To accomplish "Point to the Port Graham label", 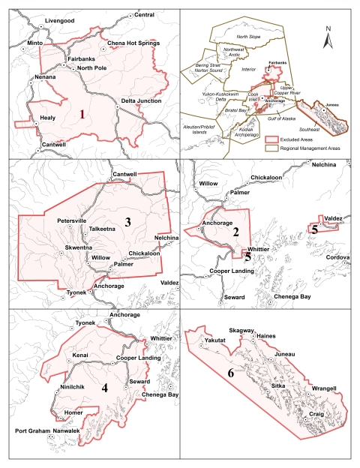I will (x=35, y=431).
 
